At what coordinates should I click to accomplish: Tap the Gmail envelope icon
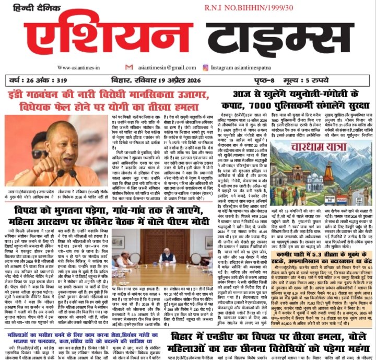tap(130, 67)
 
